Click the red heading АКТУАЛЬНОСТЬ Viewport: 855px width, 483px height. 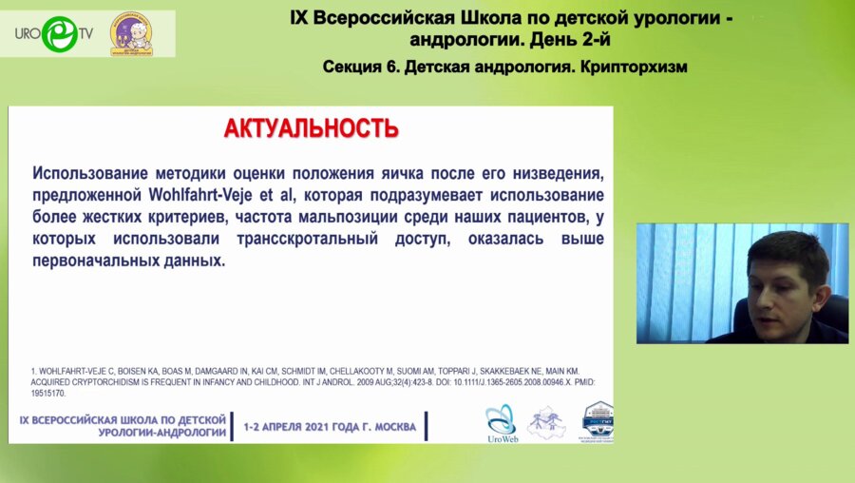(x=311, y=128)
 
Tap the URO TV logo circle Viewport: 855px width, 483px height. (x=59, y=34)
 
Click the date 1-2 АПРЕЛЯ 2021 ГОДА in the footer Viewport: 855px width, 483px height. (x=330, y=427)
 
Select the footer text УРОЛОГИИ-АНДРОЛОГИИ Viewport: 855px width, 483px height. (x=162, y=433)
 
